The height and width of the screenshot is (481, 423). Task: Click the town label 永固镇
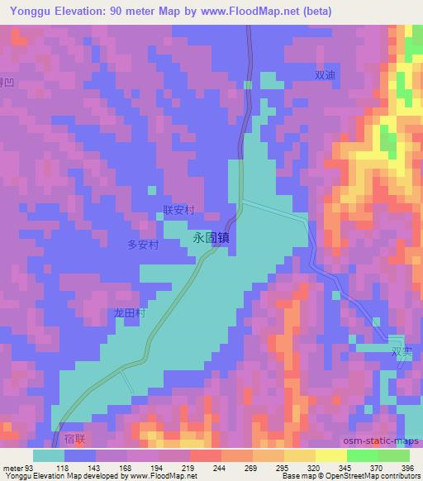tap(211, 236)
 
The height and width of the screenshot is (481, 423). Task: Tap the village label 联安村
tap(178, 212)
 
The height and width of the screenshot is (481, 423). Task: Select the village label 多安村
tap(142, 245)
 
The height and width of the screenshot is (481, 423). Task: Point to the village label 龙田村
tap(130, 314)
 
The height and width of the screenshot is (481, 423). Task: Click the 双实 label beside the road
tap(401, 350)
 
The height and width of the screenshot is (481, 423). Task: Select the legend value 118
tap(62, 467)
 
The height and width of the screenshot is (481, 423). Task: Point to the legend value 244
tap(218, 467)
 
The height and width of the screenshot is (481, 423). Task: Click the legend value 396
tap(406, 467)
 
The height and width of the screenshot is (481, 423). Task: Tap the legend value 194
tap(155, 467)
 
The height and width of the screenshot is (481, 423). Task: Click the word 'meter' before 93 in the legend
tap(12, 467)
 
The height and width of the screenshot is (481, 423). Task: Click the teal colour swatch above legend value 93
tap(48, 455)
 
